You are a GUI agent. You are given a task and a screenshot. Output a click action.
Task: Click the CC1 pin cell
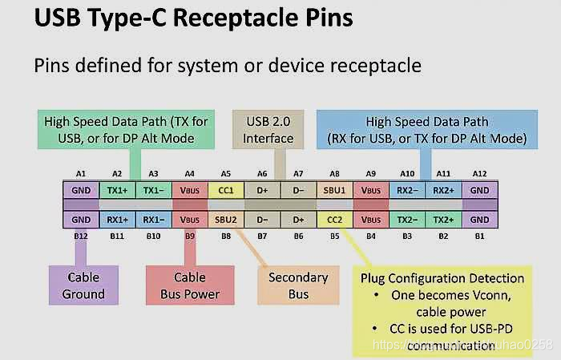pyautogui.click(x=226, y=192)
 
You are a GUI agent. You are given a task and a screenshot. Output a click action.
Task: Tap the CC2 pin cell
pyautogui.click(x=335, y=219)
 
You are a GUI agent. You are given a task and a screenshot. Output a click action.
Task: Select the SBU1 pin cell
pyautogui.click(x=335, y=192)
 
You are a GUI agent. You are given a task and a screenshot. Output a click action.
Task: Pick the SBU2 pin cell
pyautogui.click(x=226, y=219)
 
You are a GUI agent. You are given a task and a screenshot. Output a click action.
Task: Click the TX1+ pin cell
pyautogui.click(x=117, y=192)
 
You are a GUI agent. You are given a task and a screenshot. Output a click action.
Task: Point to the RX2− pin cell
pyautogui.click(x=407, y=192)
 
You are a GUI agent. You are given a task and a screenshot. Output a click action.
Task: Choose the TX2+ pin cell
pyautogui.click(x=443, y=219)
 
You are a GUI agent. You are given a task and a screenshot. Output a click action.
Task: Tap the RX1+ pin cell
pyautogui.click(x=117, y=219)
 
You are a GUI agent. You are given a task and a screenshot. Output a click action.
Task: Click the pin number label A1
pyautogui.click(x=81, y=174)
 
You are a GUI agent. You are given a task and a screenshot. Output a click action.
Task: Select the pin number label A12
pyautogui.click(x=479, y=174)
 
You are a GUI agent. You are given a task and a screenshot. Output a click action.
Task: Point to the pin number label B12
pyautogui.click(x=81, y=237)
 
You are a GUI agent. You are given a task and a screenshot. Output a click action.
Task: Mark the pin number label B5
pyautogui.click(x=335, y=237)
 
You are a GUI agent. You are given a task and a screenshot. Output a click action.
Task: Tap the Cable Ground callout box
pyautogui.click(x=83, y=285)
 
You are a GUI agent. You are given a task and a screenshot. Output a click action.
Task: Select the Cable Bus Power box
pyautogui.click(x=190, y=285)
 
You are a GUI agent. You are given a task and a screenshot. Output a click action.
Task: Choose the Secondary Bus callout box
pyautogui.click(x=298, y=285)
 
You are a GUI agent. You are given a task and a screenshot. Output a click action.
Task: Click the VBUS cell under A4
pyautogui.click(x=190, y=192)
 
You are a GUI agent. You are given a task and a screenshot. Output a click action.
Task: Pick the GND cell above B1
pyautogui.click(x=479, y=219)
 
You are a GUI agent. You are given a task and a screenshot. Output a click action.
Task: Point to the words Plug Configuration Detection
pyautogui.click(x=442, y=278)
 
